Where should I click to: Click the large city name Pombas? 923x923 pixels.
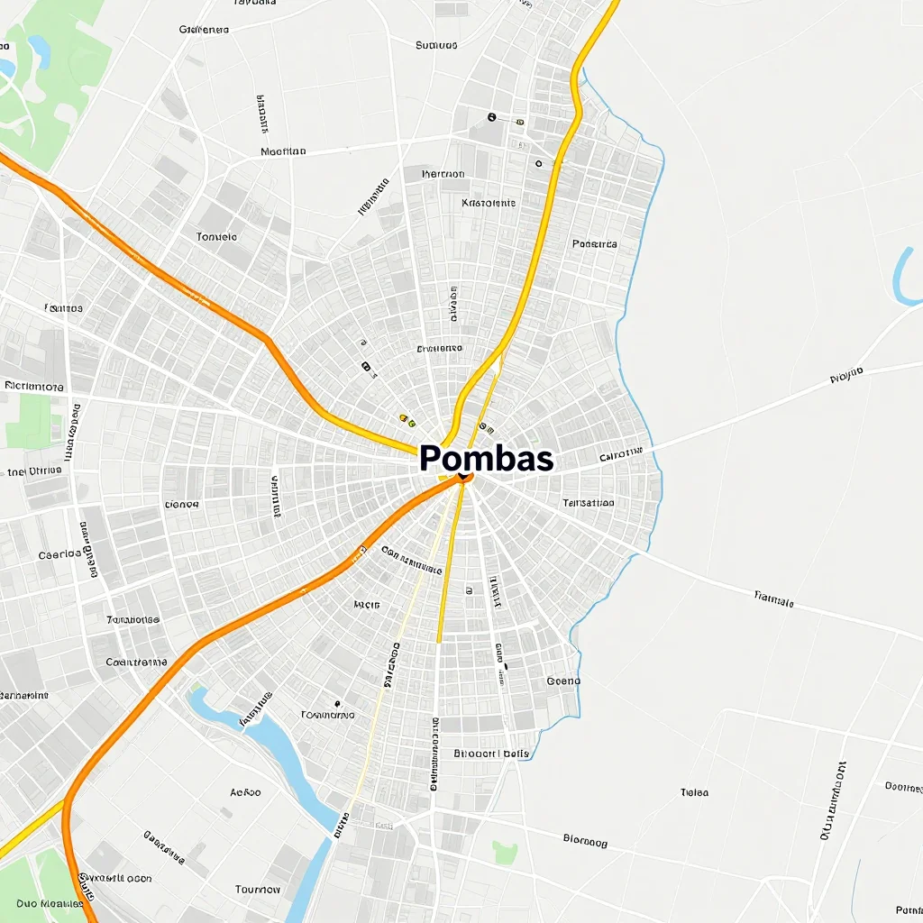pyautogui.click(x=486, y=459)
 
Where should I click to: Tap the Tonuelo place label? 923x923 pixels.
pyautogui.click(x=216, y=237)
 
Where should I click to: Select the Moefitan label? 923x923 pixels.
pyautogui.click(x=283, y=152)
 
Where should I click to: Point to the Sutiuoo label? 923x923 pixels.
pyautogui.click(x=436, y=45)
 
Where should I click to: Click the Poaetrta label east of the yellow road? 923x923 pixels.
pyautogui.click(x=595, y=244)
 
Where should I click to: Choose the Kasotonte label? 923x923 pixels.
pyautogui.click(x=489, y=203)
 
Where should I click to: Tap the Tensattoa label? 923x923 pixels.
pyautogui.click(x=588, y=503)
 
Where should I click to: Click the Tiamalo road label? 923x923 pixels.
pyautogui.click(x=773, y=598)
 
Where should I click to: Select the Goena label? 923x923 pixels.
pyautogui.click(x=564, y=681)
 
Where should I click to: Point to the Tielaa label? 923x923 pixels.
pyautogui.click(x=694, y=793)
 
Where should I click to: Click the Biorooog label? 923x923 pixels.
pyautogui.click(x=585, y=843)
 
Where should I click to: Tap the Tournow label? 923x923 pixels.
pyautogui.click(x=258, y=890)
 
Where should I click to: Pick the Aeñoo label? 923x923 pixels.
pyautogui.click(x=245, y=792)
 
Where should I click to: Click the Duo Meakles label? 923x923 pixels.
pyautogui.click(x=43, y=903)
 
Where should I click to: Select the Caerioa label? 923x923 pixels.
pyautogui.click(x=60, y=555)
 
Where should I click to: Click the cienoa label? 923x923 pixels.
pyautogui.click(x=180, y=505)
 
